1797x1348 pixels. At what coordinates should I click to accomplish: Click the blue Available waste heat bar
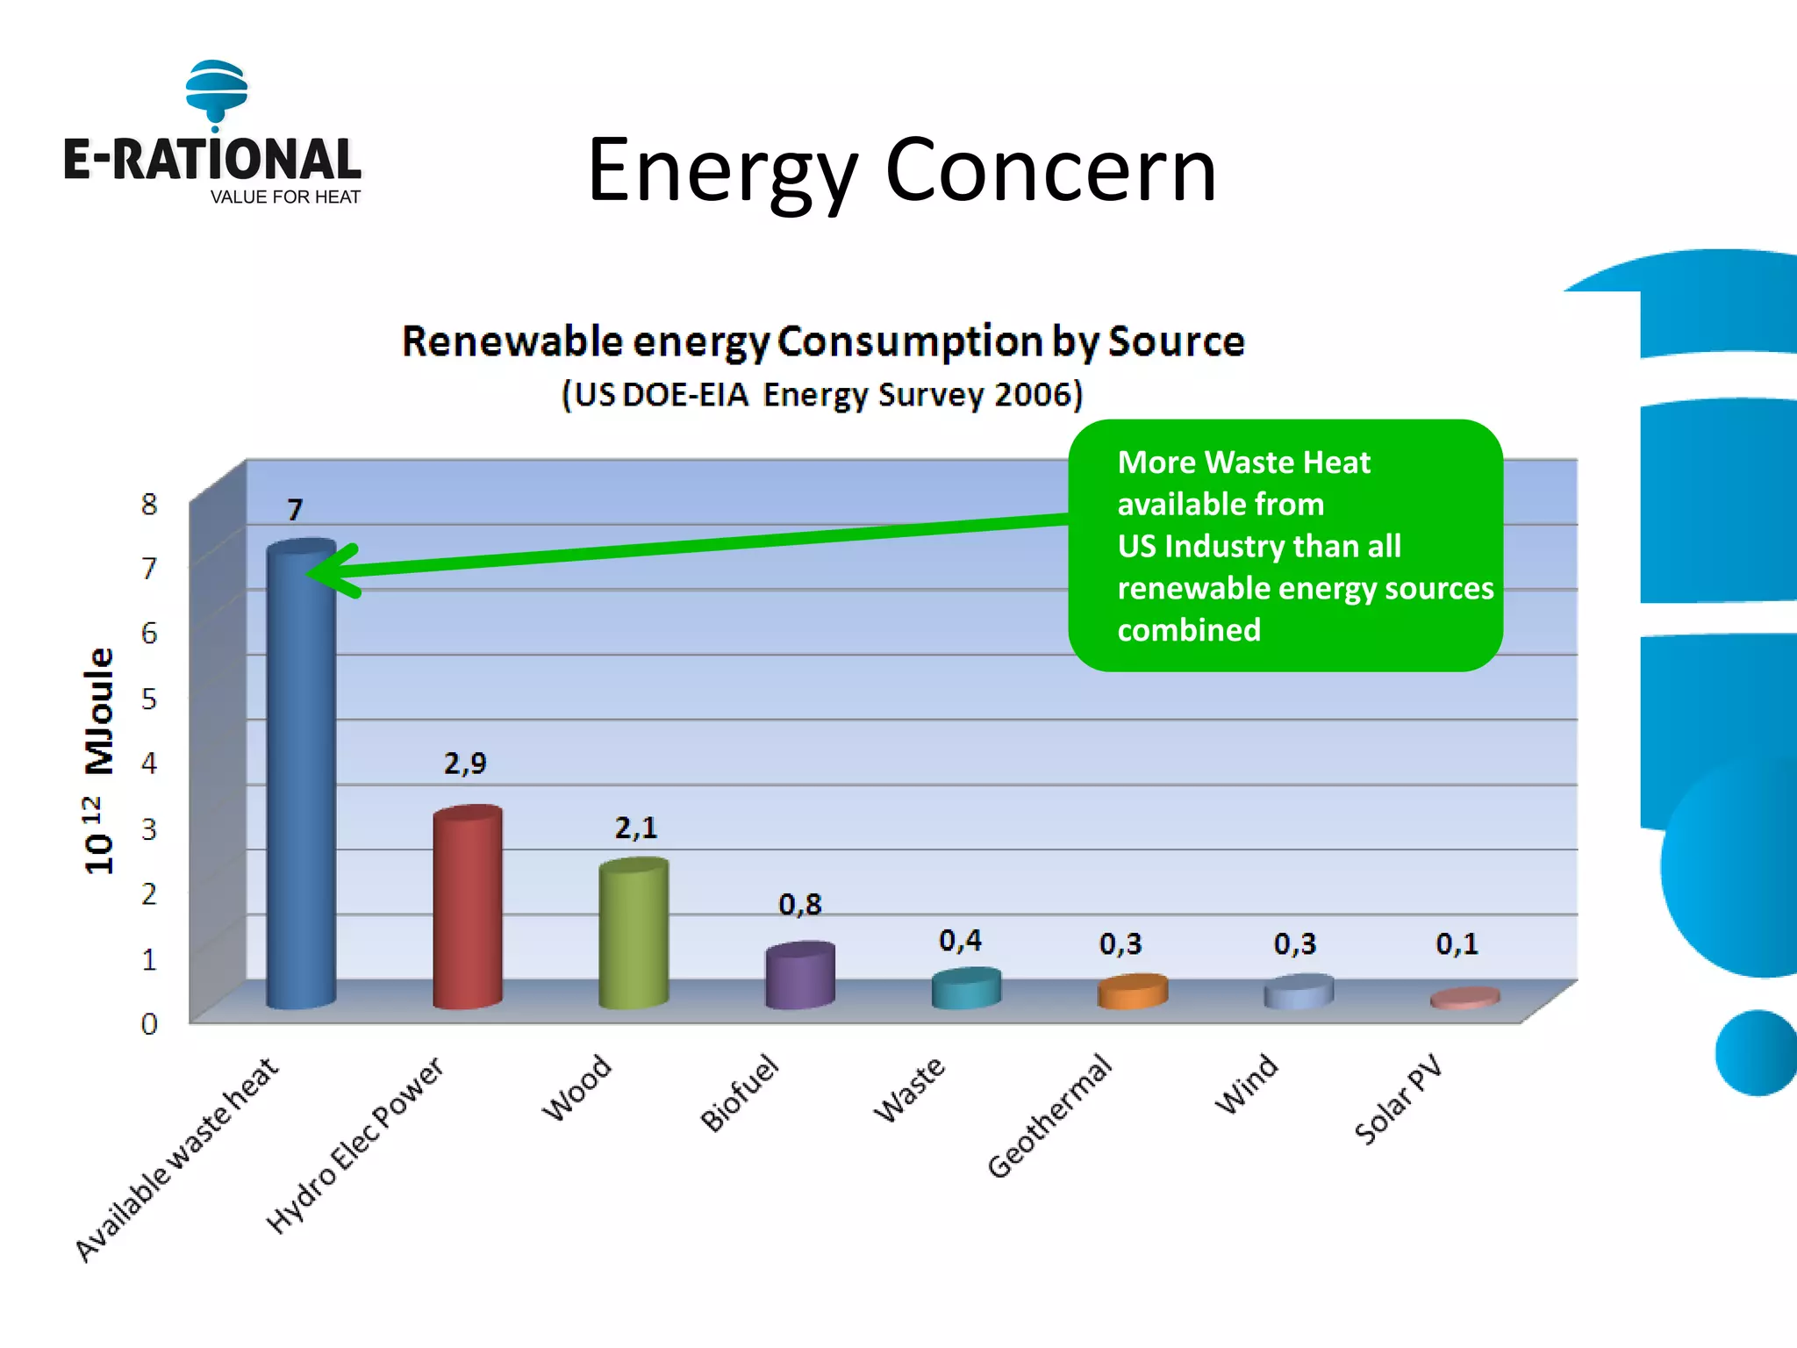click(301, 781)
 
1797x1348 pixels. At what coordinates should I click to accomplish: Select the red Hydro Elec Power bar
click(468, 908)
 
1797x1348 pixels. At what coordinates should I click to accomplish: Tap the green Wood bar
click(634, 935)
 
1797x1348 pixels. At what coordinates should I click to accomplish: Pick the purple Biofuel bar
click(799, 976)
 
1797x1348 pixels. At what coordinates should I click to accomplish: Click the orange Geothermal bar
click(1132, 993)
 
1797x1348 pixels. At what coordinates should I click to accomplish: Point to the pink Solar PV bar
click(1464, 999)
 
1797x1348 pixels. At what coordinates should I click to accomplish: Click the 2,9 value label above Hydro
click(465, 763)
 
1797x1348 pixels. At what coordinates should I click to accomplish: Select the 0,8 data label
click(799, 904)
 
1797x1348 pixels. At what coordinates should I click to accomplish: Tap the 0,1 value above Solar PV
click(1457, 943)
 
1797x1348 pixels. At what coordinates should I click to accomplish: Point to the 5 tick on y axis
click(149, 699)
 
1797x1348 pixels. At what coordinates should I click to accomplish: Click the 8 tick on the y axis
click(149, 505)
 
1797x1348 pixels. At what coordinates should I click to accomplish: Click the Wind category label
click(1246, 1085)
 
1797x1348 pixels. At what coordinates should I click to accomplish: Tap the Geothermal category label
click(1049, 1117)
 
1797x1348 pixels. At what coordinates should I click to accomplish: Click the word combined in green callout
click(1189, 630)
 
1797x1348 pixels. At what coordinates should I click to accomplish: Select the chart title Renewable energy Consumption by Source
click(823, 341)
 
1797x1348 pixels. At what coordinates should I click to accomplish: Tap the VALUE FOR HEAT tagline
click(285, 197)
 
